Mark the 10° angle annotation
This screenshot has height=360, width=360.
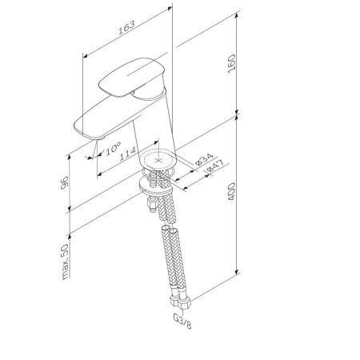(112, 148)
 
